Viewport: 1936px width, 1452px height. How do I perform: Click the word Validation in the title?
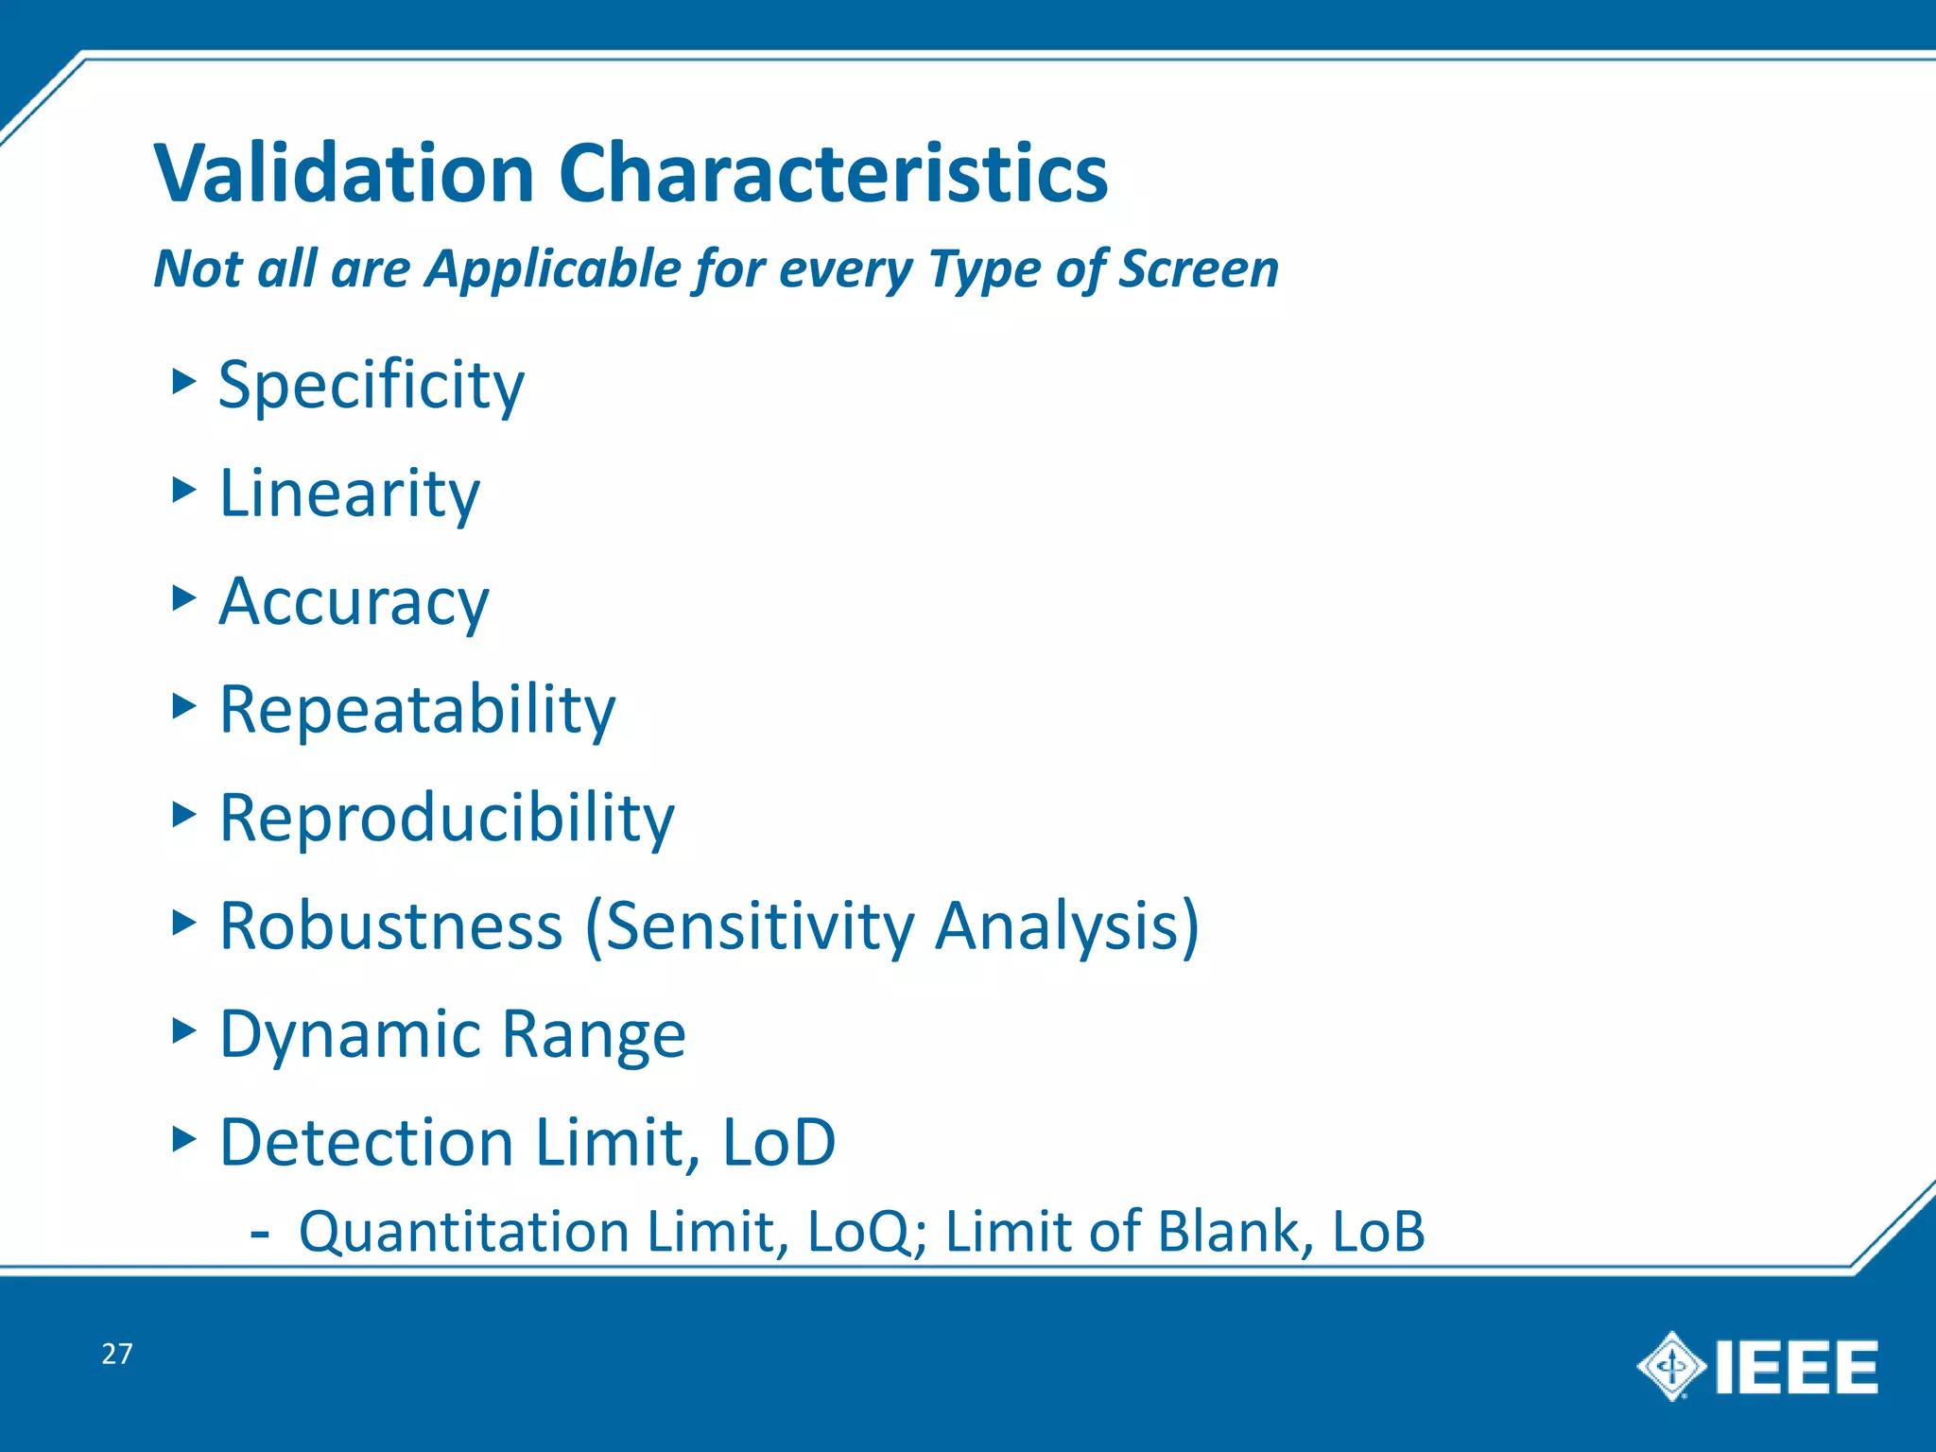pos(345,174)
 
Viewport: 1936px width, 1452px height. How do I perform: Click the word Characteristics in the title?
pos(833,174)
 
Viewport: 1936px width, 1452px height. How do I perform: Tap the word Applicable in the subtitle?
pos(554,269)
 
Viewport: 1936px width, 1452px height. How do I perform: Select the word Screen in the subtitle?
pos(1198,269)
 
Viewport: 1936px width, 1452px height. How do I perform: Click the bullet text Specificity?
pos(371,387)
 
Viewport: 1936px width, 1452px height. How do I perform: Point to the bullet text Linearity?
pos(349,494)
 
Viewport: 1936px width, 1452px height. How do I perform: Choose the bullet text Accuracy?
pos(354,602)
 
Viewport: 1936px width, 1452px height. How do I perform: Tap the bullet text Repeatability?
pos(417,709)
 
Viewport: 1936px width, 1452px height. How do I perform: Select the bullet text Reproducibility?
pos(446,818)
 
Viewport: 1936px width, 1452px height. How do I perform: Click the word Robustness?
pos(391,925)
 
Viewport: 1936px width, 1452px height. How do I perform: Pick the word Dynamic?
pos(351,1034)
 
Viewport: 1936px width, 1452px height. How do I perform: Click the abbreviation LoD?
pos(779,1142)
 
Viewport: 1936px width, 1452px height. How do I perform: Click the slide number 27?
pos(117,1354)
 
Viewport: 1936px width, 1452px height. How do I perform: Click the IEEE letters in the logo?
pos(1795,1367)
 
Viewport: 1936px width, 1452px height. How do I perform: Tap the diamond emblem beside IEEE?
pos(1671,1366)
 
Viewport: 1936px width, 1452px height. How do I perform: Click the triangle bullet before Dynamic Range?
pos(183,1029)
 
